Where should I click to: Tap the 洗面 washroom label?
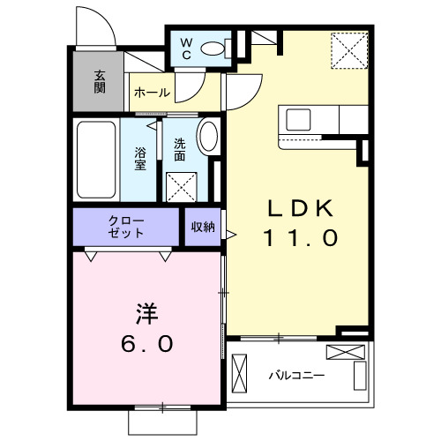click(x=180, y=149)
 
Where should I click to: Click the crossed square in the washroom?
click(x=183, y=186)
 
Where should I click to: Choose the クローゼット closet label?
click(x=125, y=227)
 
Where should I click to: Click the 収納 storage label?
click(x=202, y=227)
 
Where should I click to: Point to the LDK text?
click(x=300, y=209)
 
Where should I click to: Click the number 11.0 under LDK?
click(x=300, y=238)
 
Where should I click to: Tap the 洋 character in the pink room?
click(x=146, y=314)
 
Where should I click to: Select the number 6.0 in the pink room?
click(x=146, y=343)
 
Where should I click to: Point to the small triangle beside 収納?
click(x=230, y=235)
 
